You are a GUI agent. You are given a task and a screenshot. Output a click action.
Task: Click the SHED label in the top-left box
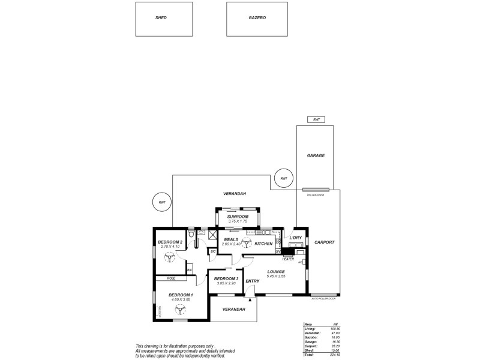(161, 18)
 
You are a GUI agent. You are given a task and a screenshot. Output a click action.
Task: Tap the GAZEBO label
(257, 18)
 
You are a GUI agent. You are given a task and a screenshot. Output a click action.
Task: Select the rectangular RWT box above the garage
(316, 120)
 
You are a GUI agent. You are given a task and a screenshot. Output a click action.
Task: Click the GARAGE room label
(316, 155)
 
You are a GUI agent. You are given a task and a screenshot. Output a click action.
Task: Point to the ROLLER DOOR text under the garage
(316, 195)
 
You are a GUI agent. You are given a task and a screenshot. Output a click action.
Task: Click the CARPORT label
(324, 242)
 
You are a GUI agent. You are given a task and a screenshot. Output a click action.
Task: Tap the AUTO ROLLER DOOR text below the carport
(325, 298)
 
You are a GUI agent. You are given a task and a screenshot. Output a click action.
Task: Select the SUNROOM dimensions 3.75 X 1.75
(238, 221)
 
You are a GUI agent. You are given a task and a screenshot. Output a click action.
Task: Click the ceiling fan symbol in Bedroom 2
(169, 257)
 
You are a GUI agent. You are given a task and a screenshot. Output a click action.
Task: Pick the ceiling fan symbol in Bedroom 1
(179, 310)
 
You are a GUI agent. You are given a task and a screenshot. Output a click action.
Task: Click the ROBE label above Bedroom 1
(171, 278)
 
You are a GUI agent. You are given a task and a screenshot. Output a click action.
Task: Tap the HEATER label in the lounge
(288, 259)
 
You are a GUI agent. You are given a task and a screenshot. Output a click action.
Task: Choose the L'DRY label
(295, 238)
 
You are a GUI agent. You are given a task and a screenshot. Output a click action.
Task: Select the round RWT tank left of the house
(162, 203)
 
